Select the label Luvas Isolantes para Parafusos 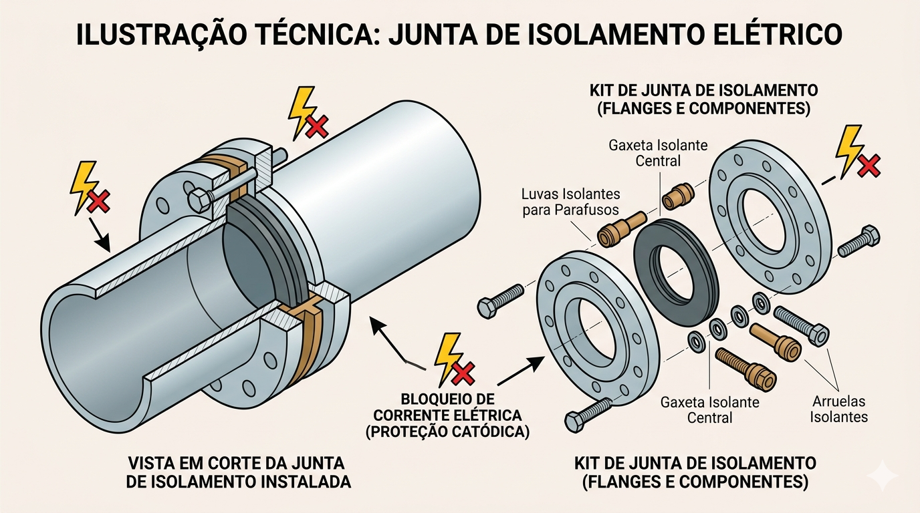coord(570,201)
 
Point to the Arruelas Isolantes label coord(838,409)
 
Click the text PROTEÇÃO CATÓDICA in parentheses coord(447,432)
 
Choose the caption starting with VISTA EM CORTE coord(238,472)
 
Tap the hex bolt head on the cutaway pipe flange coord(200,200)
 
